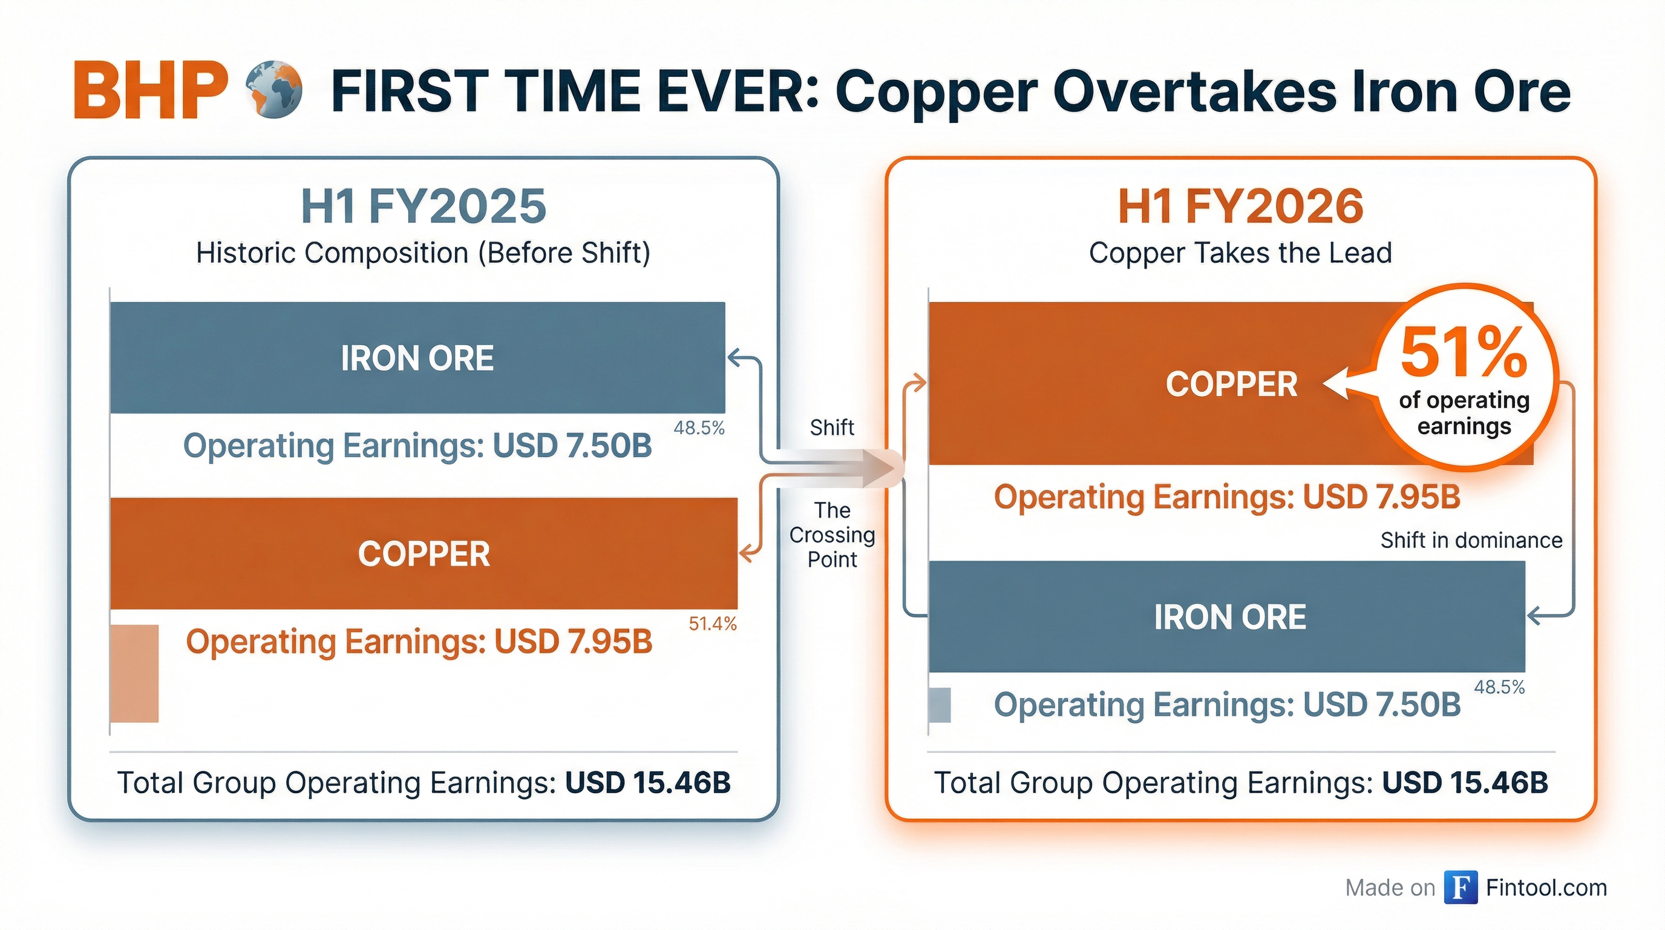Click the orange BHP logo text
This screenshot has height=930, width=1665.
pos(151,91)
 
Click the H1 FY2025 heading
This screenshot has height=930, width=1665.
pos(424,206)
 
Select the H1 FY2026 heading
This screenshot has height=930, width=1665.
pos(1240,206)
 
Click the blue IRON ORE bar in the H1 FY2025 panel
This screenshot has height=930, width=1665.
pos(417,358)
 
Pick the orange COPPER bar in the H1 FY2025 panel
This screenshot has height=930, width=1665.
pos(424,553)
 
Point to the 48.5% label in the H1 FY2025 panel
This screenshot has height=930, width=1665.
pos(699,427)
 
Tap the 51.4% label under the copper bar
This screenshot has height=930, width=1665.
pos(712,624)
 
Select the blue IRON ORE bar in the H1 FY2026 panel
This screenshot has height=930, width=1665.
pos(1228,616)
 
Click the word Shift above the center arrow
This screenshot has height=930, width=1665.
pos(832,427)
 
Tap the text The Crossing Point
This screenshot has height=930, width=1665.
pos(832,535)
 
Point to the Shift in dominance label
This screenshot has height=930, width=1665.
pos(1471,540)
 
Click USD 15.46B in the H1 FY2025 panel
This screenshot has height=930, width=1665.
pos(647,782)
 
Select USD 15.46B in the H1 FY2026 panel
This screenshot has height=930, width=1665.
pos(1465,782)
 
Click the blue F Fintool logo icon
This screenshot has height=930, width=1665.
pos(1461,888)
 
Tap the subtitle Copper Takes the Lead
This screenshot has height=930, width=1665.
pos(1240,253)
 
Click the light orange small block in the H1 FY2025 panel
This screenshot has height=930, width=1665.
pos(134,673)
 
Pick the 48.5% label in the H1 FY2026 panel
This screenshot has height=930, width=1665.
pos(1499,687)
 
